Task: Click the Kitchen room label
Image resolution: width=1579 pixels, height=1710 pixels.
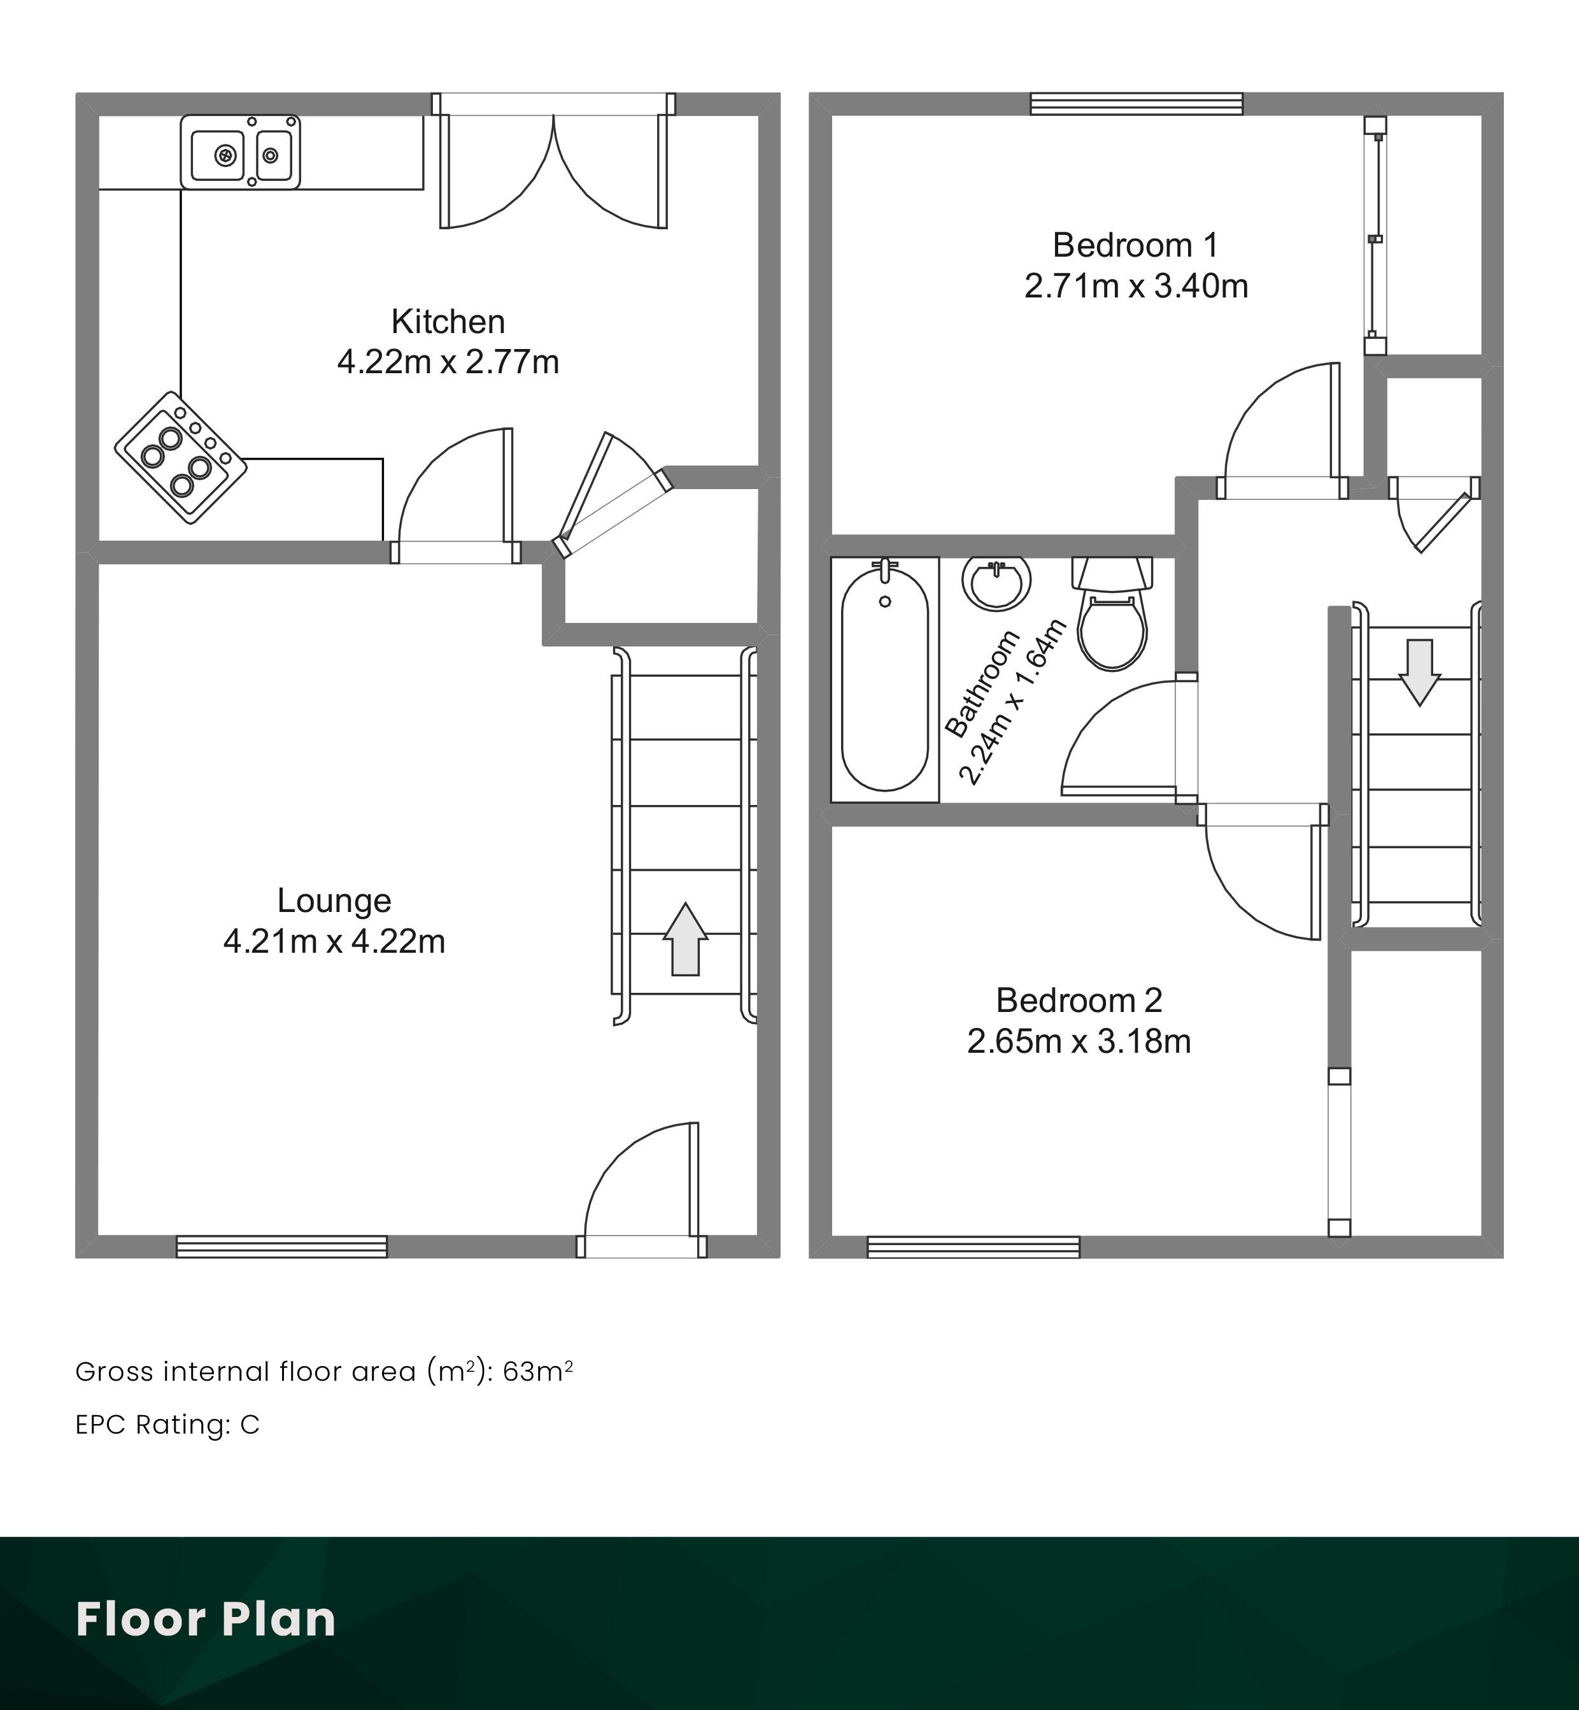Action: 448,322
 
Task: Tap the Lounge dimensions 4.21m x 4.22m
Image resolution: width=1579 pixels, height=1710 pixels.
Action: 334,941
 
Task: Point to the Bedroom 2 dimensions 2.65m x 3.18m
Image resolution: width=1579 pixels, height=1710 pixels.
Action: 1079,1041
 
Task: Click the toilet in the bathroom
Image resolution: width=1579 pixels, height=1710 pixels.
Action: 1112,613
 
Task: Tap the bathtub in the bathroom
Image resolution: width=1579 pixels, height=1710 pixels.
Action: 884,680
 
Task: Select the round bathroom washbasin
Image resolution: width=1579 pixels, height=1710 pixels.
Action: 996,582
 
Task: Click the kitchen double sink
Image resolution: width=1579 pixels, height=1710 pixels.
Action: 240,152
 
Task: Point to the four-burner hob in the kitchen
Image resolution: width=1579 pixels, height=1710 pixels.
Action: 180,457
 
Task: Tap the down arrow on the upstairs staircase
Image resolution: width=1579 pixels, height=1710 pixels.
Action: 1419,673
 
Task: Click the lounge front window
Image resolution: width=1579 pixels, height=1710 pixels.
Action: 282,1247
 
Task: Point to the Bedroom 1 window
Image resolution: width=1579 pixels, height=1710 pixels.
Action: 1136,103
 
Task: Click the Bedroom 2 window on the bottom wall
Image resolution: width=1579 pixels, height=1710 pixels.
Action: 974,1247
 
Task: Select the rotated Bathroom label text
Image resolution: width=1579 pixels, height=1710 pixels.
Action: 982,683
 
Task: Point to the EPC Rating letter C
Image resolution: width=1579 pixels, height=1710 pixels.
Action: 250,1425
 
